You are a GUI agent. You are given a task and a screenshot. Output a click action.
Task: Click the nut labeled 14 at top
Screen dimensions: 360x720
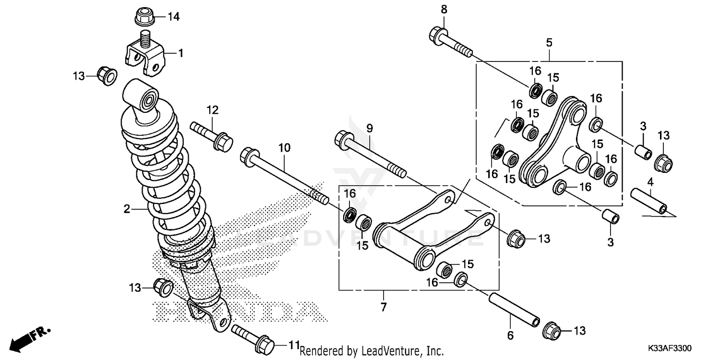tap(143, 17)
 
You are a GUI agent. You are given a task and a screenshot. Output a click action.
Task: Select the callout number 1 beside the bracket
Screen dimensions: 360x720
tap(181, 53)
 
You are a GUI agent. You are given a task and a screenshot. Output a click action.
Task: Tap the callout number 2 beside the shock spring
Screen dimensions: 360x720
tap(127, 209)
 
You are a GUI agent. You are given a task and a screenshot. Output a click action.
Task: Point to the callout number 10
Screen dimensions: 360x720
tap(285, 148)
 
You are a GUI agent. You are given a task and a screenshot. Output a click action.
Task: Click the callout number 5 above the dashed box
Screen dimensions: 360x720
tap(549, 43)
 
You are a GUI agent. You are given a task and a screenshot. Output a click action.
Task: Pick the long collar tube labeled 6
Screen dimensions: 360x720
tap(514, 311)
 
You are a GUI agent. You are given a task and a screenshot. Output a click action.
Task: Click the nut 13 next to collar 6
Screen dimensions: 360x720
tap(551, 330)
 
